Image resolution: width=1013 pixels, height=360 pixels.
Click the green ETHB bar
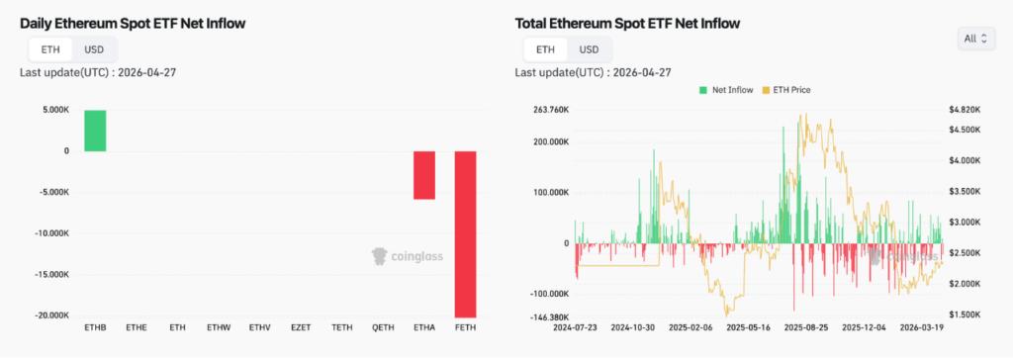pos(95,131)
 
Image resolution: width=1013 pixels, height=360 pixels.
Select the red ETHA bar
pos(424,175)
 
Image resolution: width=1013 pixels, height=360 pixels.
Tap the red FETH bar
pos(465,233)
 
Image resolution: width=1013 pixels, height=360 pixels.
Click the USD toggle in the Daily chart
pos(94,49)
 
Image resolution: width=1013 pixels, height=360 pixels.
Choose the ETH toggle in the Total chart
pos(545,49)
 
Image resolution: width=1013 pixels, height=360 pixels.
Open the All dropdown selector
pos(975,39)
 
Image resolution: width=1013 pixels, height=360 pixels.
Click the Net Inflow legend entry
pos(728,90)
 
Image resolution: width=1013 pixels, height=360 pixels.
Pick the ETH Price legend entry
pos(788,90)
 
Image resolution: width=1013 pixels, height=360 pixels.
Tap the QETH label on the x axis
pos(383,327)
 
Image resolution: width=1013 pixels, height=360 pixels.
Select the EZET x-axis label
pos(301,327)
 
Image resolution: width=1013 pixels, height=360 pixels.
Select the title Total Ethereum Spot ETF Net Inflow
pos(627,22)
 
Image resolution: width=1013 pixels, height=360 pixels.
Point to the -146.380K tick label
pos(550,315)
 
